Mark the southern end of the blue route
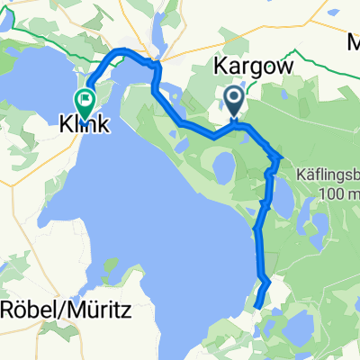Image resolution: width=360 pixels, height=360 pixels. pos(257,308)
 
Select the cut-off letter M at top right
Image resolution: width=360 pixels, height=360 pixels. pos(353,41)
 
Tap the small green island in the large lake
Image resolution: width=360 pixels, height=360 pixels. pos(141,267)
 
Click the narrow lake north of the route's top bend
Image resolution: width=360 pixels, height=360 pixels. pos(159,36)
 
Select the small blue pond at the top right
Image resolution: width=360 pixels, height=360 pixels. pos(335,13)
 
